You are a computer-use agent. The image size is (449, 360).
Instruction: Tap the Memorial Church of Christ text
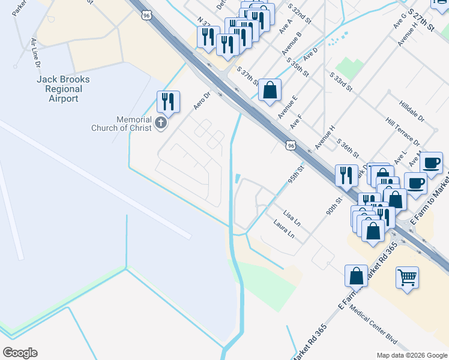(122, 123)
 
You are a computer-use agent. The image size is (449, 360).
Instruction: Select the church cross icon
(160, 123)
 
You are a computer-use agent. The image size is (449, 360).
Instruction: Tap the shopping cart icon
(408, 278)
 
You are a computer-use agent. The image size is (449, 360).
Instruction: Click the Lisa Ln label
(291, 218)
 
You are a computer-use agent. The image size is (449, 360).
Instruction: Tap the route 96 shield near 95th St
(291, 145)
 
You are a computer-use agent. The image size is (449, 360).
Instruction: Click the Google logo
(20, 353)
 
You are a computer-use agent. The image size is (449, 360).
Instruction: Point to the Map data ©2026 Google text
(411, 355)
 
